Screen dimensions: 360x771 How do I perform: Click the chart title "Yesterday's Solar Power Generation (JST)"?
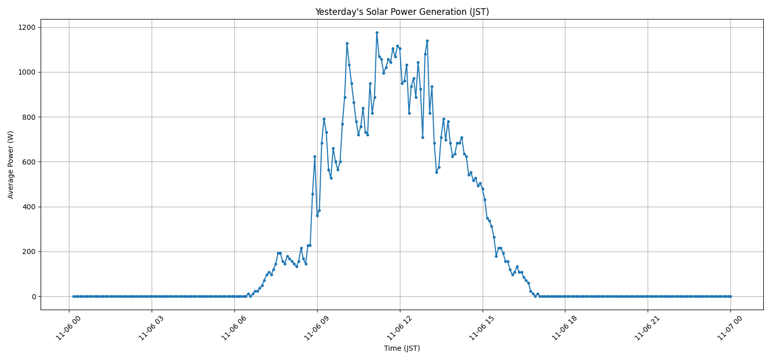401,12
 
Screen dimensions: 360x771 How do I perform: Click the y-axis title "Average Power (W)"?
11,165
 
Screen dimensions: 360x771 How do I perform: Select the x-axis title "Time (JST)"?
401,348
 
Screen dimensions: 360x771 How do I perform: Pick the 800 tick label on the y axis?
30,117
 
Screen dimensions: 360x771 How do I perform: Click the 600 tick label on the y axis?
30,162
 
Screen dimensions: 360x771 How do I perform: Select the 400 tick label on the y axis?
30,207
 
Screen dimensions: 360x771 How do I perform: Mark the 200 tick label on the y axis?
30,251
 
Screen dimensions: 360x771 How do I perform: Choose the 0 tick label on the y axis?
34,297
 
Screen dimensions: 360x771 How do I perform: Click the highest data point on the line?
377,32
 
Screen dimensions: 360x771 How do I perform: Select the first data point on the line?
74,296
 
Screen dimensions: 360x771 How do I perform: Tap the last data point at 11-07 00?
730,296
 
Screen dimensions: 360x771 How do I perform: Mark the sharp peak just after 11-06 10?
347,43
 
